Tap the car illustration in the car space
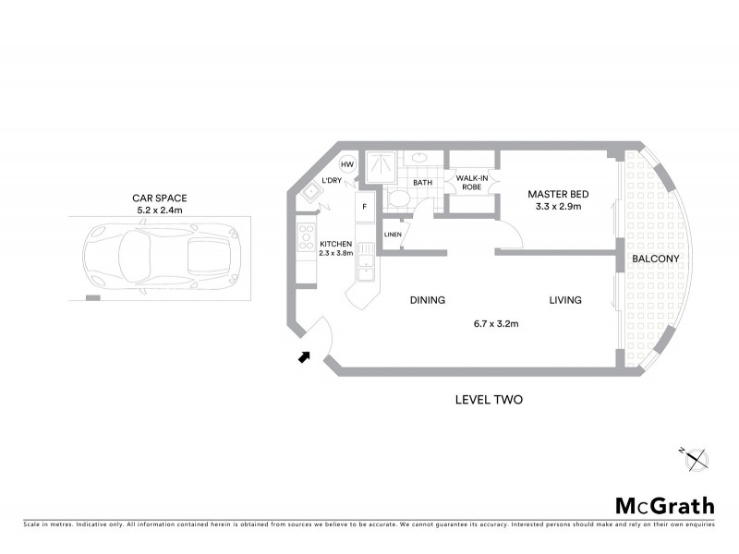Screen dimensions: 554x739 (156, 261)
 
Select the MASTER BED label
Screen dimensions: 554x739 (558, 194)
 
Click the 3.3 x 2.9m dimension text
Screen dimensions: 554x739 (558, 208)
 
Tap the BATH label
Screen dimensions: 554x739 (422, 183)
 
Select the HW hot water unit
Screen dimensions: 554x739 (346, 164)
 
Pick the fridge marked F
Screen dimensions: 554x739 (365, 207)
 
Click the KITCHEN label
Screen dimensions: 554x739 (336, 244)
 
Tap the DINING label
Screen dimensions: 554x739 (428, 300)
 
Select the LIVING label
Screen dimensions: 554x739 (564, 300)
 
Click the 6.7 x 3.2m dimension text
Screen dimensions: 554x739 (495, 324)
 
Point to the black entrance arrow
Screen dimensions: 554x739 (304, 356)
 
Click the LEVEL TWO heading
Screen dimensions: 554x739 (490, 400)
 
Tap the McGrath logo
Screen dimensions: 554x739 (664, 505)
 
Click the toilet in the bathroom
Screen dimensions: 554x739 (399, 199)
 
